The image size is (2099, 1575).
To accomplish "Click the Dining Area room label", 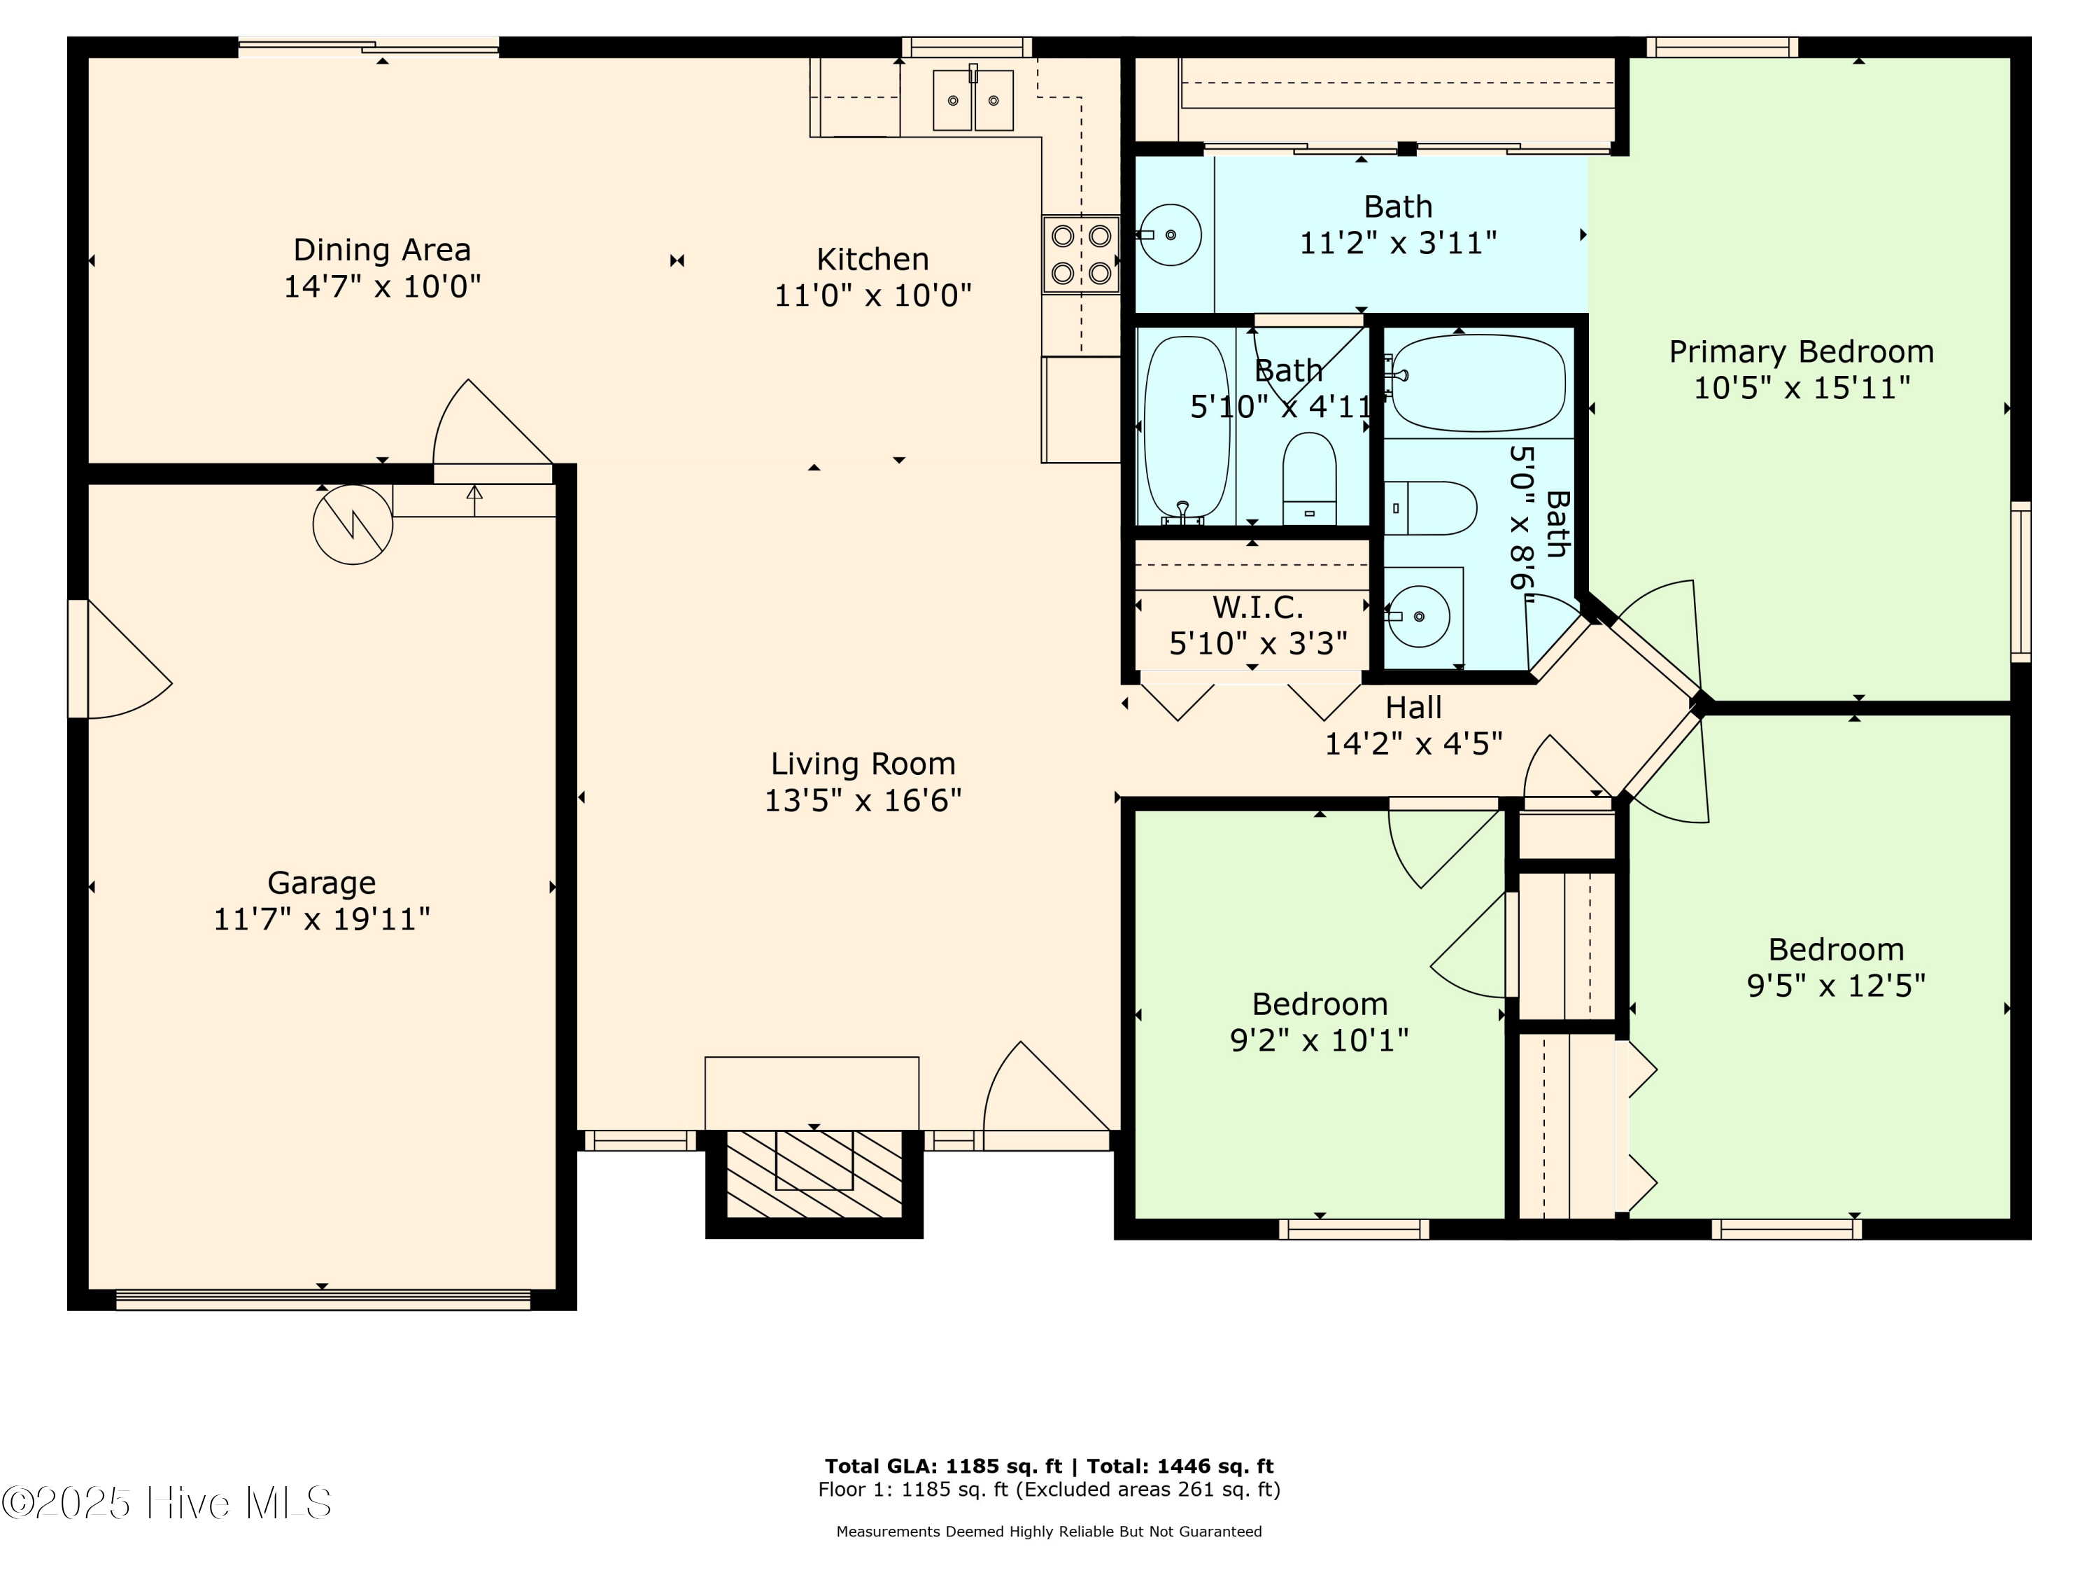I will point(381,250).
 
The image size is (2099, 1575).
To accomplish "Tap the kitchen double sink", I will point(973,99).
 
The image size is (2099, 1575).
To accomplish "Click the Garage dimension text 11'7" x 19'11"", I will point(322,919).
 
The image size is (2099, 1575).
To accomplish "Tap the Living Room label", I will point(863,763).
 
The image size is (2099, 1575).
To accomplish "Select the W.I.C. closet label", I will point(1257,608).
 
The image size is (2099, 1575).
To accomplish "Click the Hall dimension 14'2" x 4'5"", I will point(1413,743).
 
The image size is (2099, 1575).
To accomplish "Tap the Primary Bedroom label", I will point(1801,352).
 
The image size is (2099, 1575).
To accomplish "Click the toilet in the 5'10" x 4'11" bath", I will point(1310,479).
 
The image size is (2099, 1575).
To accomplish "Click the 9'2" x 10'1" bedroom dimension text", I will point(1319,1040).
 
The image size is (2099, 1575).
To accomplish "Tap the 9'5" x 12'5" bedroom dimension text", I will point(1836,986).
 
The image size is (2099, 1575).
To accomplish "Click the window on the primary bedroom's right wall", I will point(2020,582).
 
